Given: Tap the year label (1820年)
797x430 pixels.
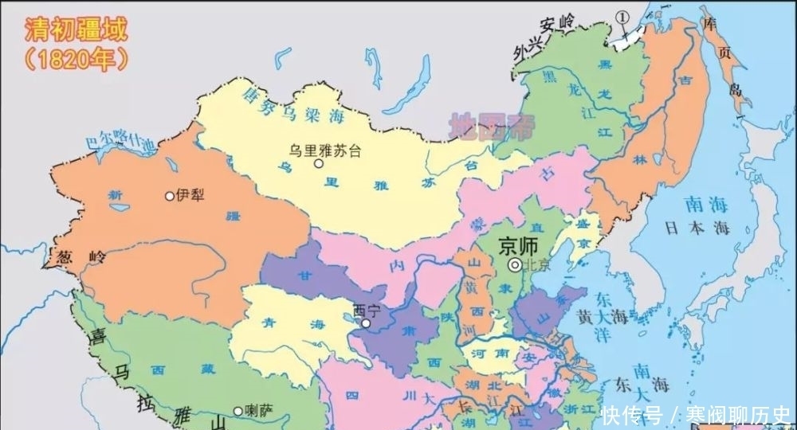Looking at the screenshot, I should (x=72, y=58).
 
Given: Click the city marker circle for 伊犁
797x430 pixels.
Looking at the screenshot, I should (x=168, y=195).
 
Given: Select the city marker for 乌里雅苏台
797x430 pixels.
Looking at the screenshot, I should (x=318, y=164).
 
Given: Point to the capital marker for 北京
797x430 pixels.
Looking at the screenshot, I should (x=516, y=265).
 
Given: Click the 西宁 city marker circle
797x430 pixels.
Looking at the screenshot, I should (x=365, y=323).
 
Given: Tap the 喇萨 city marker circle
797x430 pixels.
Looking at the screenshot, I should (x=238, y=411).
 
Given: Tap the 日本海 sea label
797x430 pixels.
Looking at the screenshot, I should (x=698, y=227).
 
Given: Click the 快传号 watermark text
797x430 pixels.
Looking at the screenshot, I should (x=633, y=415).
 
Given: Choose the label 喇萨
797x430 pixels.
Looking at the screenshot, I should (x=259, y=411).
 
